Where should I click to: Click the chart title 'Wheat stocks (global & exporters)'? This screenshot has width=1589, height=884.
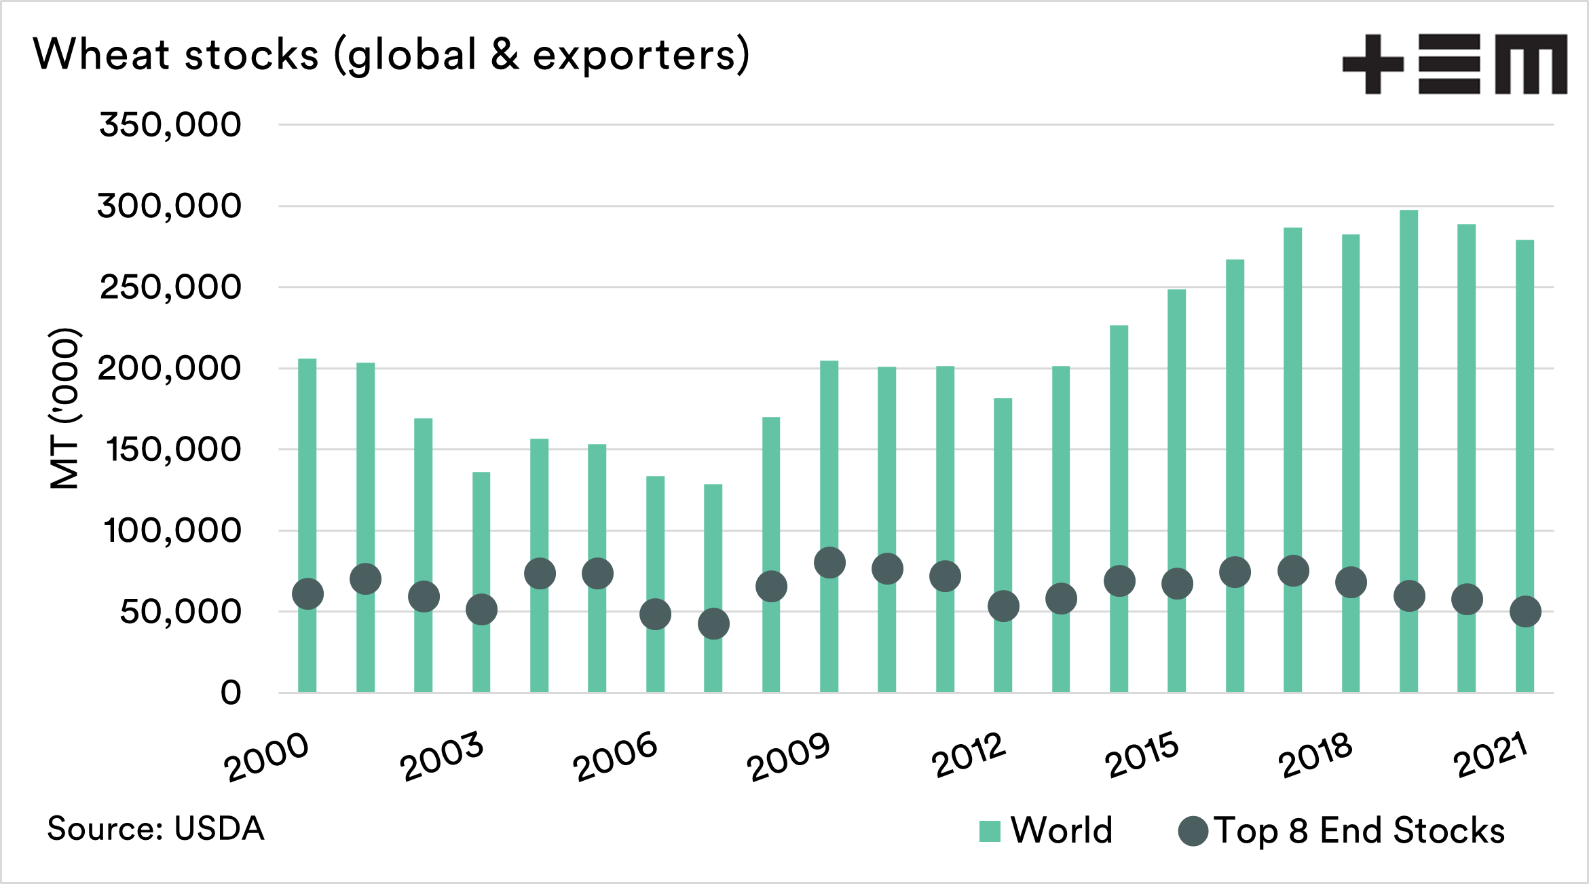[x=391, y=54]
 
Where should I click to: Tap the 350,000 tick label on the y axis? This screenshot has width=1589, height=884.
[x=170, y=125]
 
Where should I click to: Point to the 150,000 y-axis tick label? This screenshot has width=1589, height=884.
[x=173, y=449]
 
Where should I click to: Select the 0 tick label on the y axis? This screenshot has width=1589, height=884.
[x=231, y=693]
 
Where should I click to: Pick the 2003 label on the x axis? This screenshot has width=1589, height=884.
[x=442, y=756]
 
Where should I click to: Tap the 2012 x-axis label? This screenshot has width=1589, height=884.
[x=968, y=756]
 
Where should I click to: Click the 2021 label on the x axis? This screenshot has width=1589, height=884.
[x=1491, y=756]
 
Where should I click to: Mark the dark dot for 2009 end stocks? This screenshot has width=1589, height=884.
[x=829, y=563]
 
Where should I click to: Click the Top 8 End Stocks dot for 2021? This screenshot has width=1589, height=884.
[x=1525, y=612]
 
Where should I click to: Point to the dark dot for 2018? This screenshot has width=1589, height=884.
[x=1351, y=583]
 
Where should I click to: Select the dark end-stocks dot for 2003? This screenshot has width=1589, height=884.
[x=481, y=610]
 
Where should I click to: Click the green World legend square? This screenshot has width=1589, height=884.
[x=990, y=831]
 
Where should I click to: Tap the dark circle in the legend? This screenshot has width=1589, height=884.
[x=1193, y=831]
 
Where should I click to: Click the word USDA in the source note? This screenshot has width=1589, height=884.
[x=219, y=829]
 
